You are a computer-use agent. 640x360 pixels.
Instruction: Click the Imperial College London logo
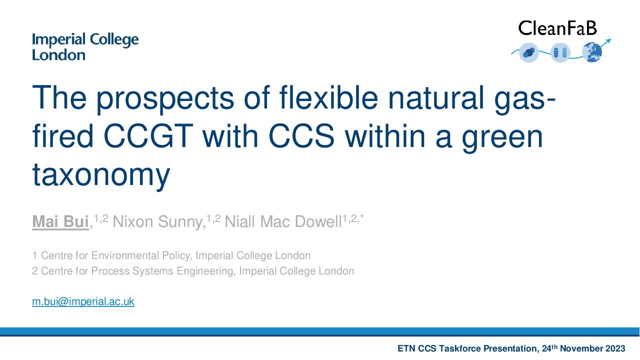(x=85, y=47)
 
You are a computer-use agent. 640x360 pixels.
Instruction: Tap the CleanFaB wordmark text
(x=557, y=28)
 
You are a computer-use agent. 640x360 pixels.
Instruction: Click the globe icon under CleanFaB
(x=592, y=52)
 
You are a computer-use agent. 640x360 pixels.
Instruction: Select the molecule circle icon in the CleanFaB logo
(x=529, y=53)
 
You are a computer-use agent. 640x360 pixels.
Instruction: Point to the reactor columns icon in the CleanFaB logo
(x=560, y=53)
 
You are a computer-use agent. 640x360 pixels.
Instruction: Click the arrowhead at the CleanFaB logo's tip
(x=608, y=41)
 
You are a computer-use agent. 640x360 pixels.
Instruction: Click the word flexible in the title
(x=329, y=97)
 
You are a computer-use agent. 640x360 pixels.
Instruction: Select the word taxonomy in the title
(x=101, y=175)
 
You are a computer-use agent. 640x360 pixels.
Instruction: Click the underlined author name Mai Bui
(x=60, y=221)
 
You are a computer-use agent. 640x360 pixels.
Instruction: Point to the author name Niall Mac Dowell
(x=283, y=221)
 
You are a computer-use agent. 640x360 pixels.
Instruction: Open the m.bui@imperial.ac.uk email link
(x=83, y=301)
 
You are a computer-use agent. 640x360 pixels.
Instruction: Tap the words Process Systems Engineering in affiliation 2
(x=163, y=271)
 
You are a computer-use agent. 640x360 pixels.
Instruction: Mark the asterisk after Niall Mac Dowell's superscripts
(x=362, y=216)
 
